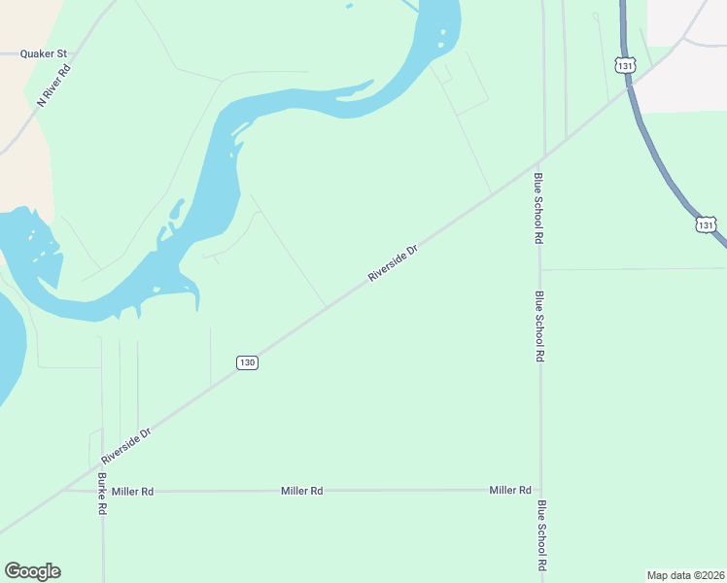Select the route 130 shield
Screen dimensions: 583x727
(x=247, y=362)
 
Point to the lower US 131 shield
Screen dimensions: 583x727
(x=706, y=224)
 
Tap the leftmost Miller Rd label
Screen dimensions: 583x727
(x=132, y=492)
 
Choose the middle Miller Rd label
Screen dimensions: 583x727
(x=301, y=491)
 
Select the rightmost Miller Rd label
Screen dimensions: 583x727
(x=510, y=490)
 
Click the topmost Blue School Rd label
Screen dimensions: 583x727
(x=538, y=207)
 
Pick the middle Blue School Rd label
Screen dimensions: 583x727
(x=539, y=326)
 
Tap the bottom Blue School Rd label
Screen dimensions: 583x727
(x=541, y=535)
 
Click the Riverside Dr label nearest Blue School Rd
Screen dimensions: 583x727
(x=393, y=263)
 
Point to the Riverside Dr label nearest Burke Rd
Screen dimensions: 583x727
(x=127, y=445)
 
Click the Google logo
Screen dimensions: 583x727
(x=32, y=571)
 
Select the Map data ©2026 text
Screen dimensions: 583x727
(x=686, y=574)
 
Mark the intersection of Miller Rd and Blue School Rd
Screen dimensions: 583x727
(x=541, y=490)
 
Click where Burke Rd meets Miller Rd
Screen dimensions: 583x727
(x=102, y=491)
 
